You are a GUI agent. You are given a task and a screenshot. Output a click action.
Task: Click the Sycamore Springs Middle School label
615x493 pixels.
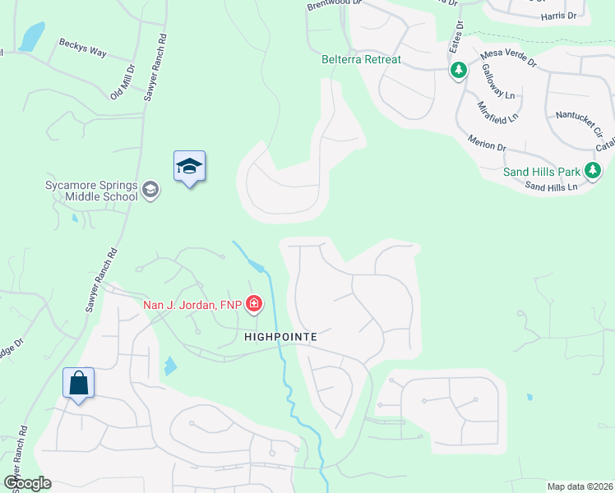pyautogui.click(x=90, y=191)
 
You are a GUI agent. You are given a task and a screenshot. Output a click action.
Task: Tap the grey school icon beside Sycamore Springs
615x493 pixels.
pyautogui.click(x=150, y=191)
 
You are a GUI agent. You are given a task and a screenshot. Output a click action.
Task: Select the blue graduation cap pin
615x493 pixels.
pyautogui.click(x=189, y=167)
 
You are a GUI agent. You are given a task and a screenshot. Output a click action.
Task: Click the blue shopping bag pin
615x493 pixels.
pyautogui.click(x=79, y=383)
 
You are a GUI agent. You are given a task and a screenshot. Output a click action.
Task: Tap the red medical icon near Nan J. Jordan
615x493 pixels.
pyautogui.click(x=254, y=305)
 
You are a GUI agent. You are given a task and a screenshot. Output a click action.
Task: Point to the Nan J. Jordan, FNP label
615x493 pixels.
pyautogui.click(x=193, y=305)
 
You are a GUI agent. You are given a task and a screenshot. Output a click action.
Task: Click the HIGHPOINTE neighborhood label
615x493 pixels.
pyautogui.click(x=280, y=337)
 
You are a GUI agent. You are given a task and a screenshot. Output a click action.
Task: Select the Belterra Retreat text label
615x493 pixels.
pyautogui.click(x=362, y=60)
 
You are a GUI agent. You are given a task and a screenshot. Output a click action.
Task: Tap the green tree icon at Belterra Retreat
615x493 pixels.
pyautogui.click(x=458, y=71)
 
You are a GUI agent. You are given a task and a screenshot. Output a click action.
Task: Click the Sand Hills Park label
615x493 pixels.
pyautogui.click(x=542, y=173)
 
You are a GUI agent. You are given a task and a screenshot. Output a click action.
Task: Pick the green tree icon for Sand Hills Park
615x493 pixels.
pyautogui.click(x=592, y=172)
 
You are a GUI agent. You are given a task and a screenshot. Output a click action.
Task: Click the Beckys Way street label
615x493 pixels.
pyautogui.click(x=83, y=50)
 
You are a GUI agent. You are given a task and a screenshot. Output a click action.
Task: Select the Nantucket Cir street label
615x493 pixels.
pyautogui.click(x=579, y=122)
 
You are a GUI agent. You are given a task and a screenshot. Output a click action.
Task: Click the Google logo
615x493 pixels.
pyautogui.click(x=27, y=483)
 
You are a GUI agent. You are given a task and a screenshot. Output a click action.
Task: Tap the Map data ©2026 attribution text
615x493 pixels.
pyautogui.click(x=580, y=486)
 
